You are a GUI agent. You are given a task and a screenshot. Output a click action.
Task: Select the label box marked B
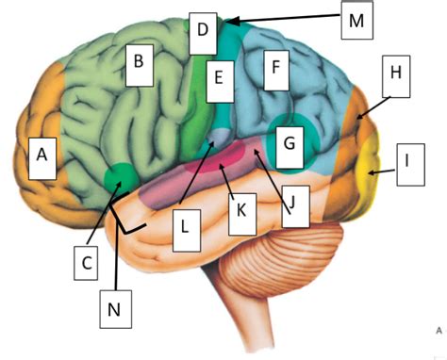139,63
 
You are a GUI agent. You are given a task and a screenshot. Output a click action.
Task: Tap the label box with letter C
87,261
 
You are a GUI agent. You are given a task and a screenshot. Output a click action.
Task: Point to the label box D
201,29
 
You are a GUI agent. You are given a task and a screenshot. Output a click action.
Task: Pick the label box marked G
289,144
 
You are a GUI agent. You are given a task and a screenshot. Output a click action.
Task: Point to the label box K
242,215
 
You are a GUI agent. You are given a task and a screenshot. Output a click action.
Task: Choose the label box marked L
187,227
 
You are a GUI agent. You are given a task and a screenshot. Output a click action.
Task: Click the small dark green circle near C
120,176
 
